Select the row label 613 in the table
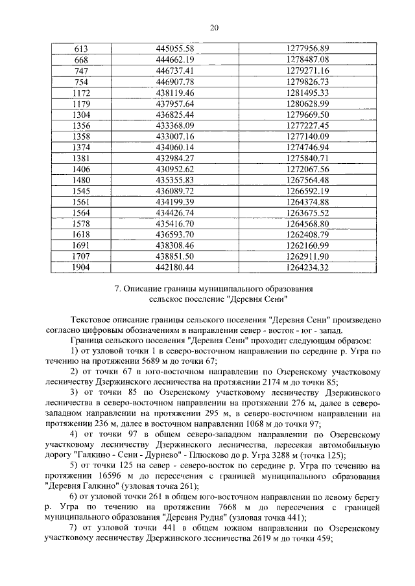(x=82, y=49)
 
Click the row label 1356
(x=82, y=125)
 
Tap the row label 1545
(x=82, y=190)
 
